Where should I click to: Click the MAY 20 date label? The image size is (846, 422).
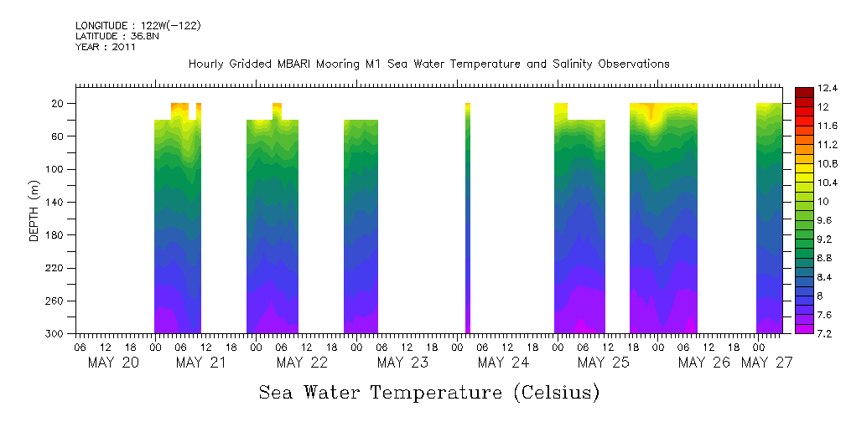pyautogui.click(x=113, y=363)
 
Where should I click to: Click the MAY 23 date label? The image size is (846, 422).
pyautogui.click(x=402, y=363)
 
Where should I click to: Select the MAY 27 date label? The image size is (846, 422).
pyautogui.click(x=768, y=363)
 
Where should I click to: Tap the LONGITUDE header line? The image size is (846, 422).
pyautogui.click(x=138, y=26)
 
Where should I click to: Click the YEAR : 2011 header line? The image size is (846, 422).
pyautogui.click(x=105, y=47)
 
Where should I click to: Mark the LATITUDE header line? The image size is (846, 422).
pyautogui.click(x=113, y=37)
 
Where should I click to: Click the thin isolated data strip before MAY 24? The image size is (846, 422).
pyautogui.click(x=468, y=218)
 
